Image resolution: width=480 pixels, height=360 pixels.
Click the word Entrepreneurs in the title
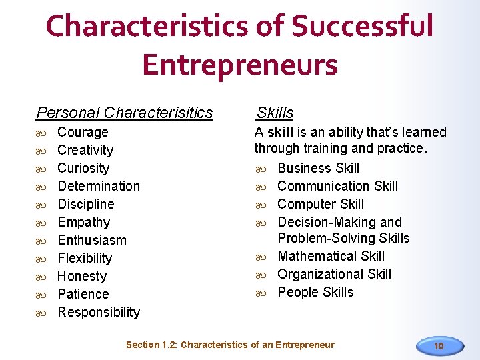coord(240,65)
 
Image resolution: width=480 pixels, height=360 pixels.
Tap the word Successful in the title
coord(363,27)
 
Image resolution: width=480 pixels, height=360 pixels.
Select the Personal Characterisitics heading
coord(125,113)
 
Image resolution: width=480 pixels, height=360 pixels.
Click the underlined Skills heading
coord(275,113)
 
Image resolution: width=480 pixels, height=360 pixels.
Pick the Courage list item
coord(83,132)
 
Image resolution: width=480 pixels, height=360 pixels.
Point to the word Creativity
coord(85,150)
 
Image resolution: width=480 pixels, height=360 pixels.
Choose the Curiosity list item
coord(83,168)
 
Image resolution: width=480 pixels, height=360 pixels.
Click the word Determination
coord(99,186)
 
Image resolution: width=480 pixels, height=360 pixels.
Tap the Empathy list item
coord(84,222)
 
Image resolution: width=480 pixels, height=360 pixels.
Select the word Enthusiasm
coord(92,240)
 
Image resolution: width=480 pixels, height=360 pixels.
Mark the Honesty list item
coord(82,276)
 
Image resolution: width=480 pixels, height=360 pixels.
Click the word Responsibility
coord(99,312)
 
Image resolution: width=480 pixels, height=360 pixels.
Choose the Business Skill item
coord(318,168)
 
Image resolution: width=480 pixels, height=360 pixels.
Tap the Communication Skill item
coord(337,186)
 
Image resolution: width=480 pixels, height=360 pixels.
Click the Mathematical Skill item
coord(331,256)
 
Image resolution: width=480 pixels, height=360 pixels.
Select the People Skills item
coord(315,292)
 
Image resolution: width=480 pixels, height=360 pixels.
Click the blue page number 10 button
coord(439,345)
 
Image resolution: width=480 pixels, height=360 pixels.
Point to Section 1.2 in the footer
coord(151,345)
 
